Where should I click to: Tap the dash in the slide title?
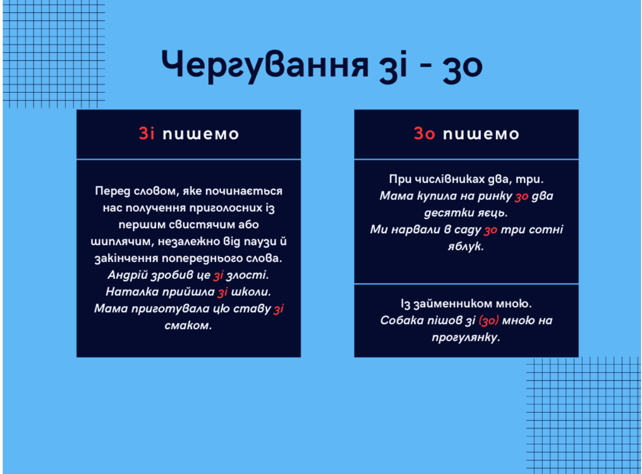click(426, 66)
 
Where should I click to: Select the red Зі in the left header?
click(146, 133)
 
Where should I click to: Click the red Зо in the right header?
click(424, 133)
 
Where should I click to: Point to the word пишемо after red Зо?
click(481, 134)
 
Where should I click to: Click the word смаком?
click(188, 325)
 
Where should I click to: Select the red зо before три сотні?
click(491, 230)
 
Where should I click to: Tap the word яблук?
click(466, 246)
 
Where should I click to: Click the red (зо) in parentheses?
click(489, 321)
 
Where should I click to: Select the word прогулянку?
click(466, 338)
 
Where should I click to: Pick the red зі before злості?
click(218, 275)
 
